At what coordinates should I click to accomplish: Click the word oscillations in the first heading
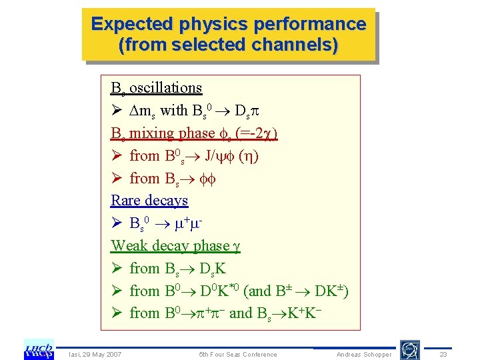[x=165, y=87]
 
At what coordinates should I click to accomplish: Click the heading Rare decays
[x=149, y=200]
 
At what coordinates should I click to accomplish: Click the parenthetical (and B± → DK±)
[x=297, y=291]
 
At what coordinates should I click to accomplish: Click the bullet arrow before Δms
[x=117, y=111]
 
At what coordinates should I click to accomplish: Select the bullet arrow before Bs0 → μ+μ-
[x=117, y=223]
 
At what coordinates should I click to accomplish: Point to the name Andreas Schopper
[x=364, y=354]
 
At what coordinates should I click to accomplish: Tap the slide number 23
[x=443, y=354]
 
